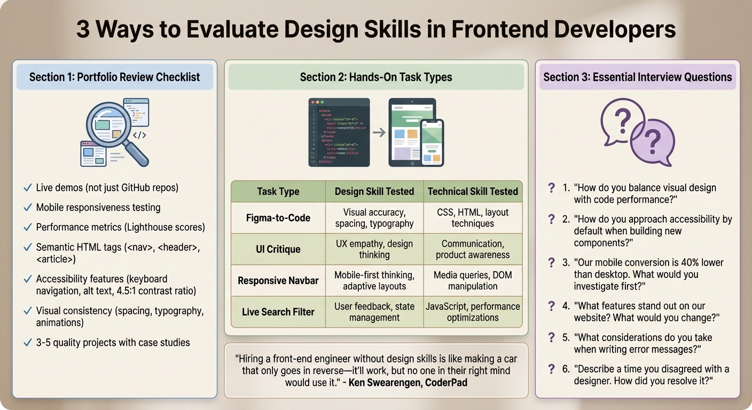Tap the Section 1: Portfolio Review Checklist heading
(x=114, y=77)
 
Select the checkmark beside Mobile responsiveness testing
(x=27, y=208)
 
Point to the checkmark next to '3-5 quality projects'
(x=27, y=343)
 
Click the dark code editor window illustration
(x=339, y=132)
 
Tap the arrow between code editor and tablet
(x=379, y=132)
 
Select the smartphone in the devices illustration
(x=432, y=141)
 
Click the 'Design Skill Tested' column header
(x=374, y=191)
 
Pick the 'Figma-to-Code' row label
(x=278, y=218)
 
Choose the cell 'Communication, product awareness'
(x=473, y=249)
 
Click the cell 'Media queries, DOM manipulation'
(x=473, y=280)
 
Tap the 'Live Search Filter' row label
(x=278, y=312)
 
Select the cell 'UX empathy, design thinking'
(x=374, y=249)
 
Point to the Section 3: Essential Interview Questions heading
(x=637, y=77)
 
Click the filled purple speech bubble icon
(x=652, y=142)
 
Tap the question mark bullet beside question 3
(x=552, y=263)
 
